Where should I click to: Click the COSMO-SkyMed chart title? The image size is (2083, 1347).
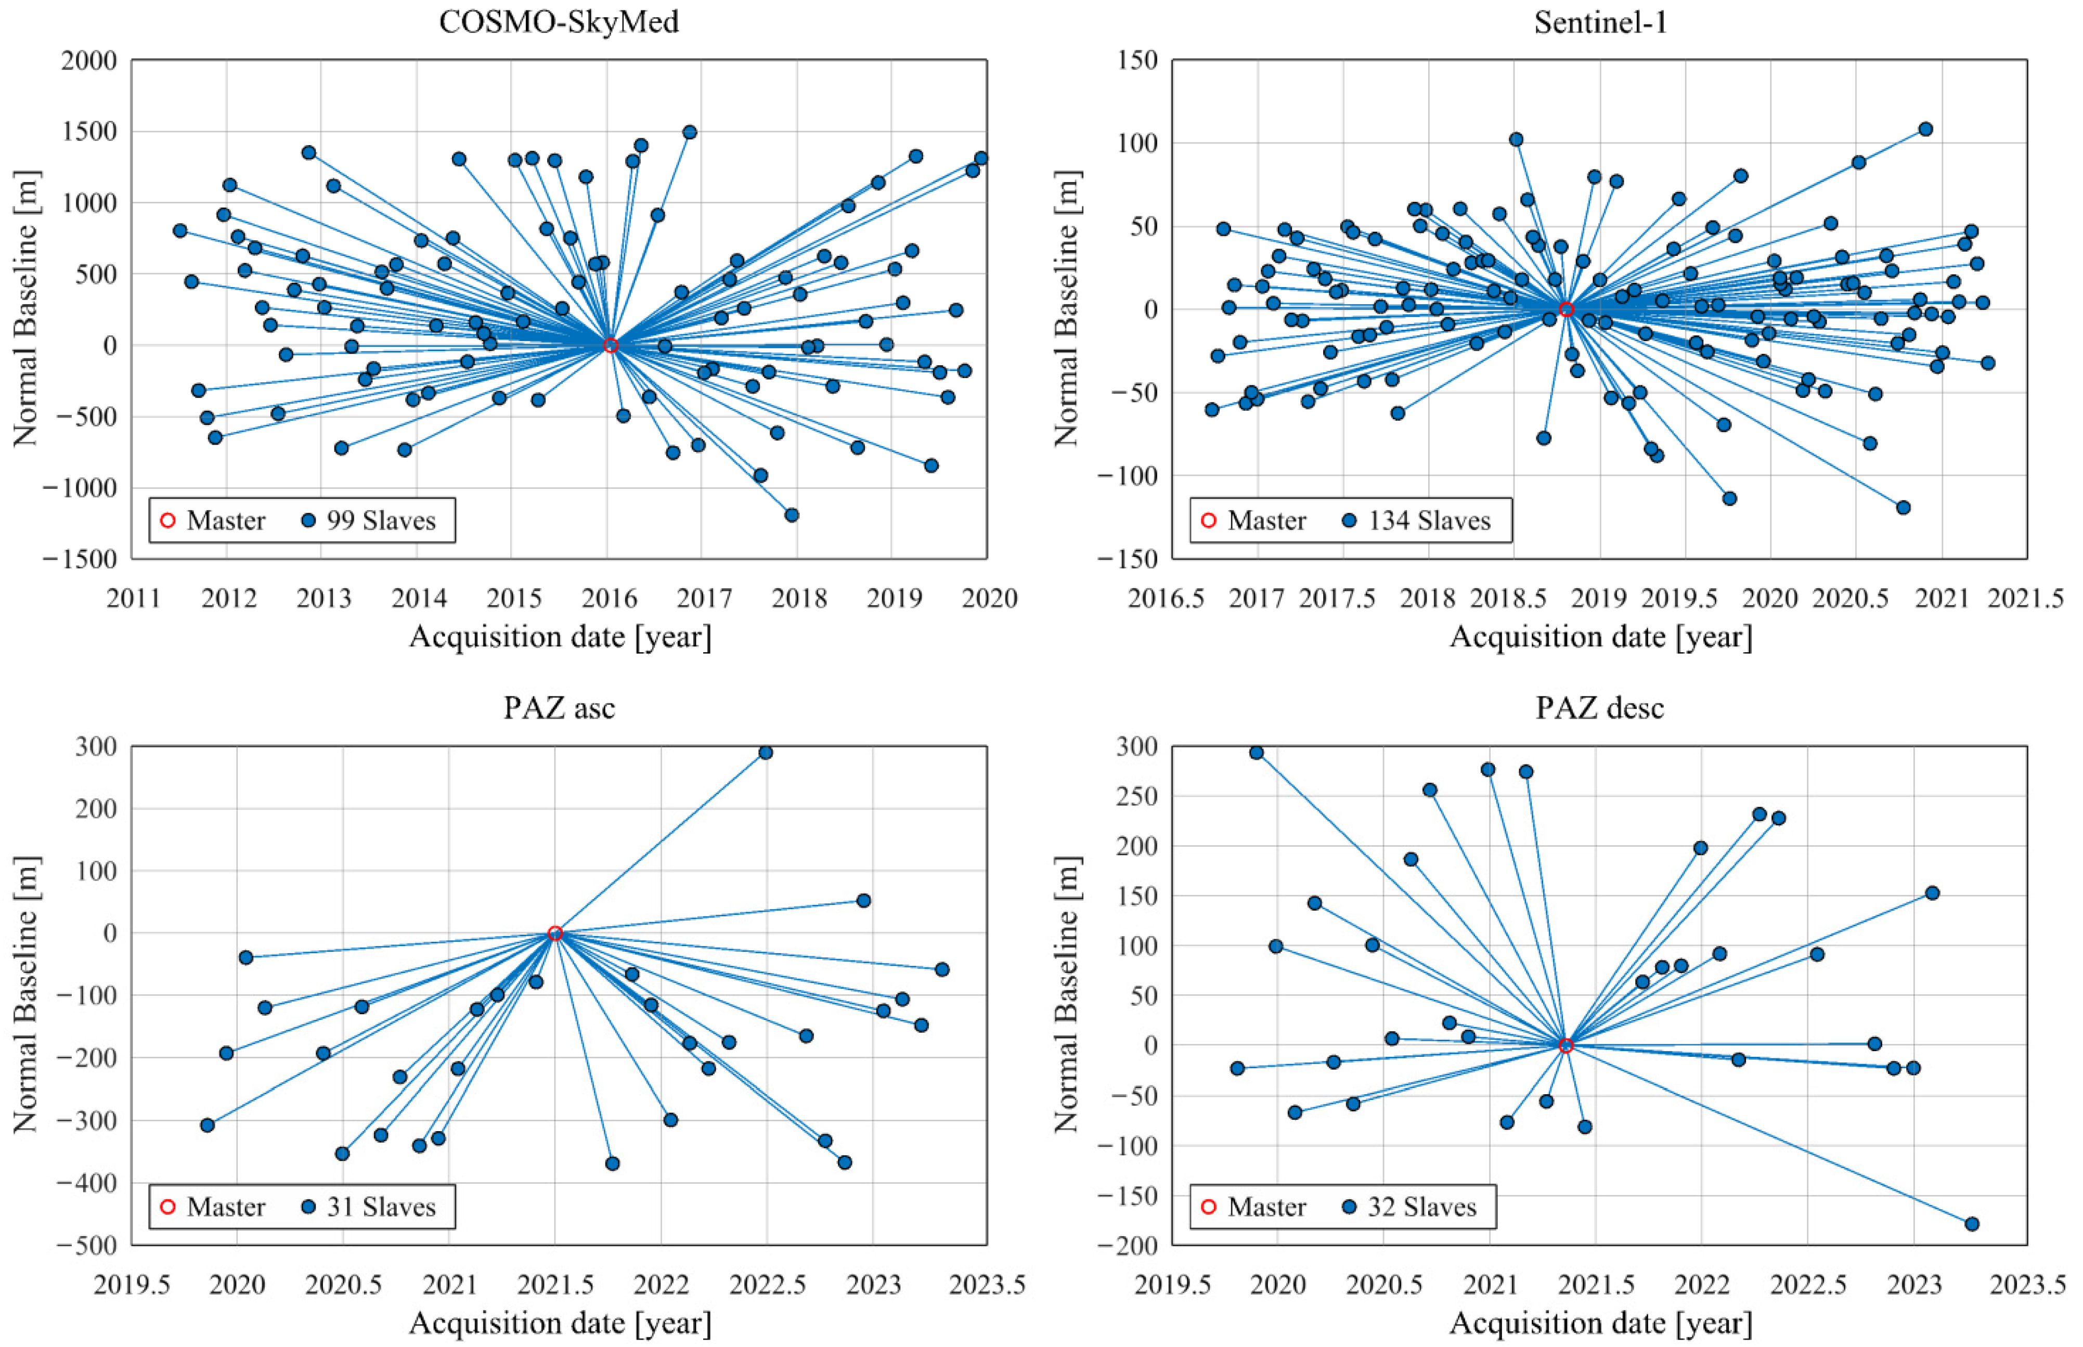(559, 21)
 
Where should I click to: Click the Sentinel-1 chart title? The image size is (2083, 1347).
(1600, 21)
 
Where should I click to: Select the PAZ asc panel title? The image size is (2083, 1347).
(559, 707)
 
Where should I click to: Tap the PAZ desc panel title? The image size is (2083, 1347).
(1600, 707)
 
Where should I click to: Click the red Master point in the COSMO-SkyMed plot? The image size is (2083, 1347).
(611, 345)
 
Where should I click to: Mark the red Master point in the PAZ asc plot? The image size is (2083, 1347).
(554, 933)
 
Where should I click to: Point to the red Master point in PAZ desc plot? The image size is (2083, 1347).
(1566, 1045)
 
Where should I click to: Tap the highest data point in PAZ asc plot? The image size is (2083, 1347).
(765, 752)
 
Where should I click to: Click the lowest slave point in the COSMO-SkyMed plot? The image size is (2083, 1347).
(792, 514)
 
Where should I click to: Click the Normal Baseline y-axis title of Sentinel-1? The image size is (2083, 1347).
(1067, 309)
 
